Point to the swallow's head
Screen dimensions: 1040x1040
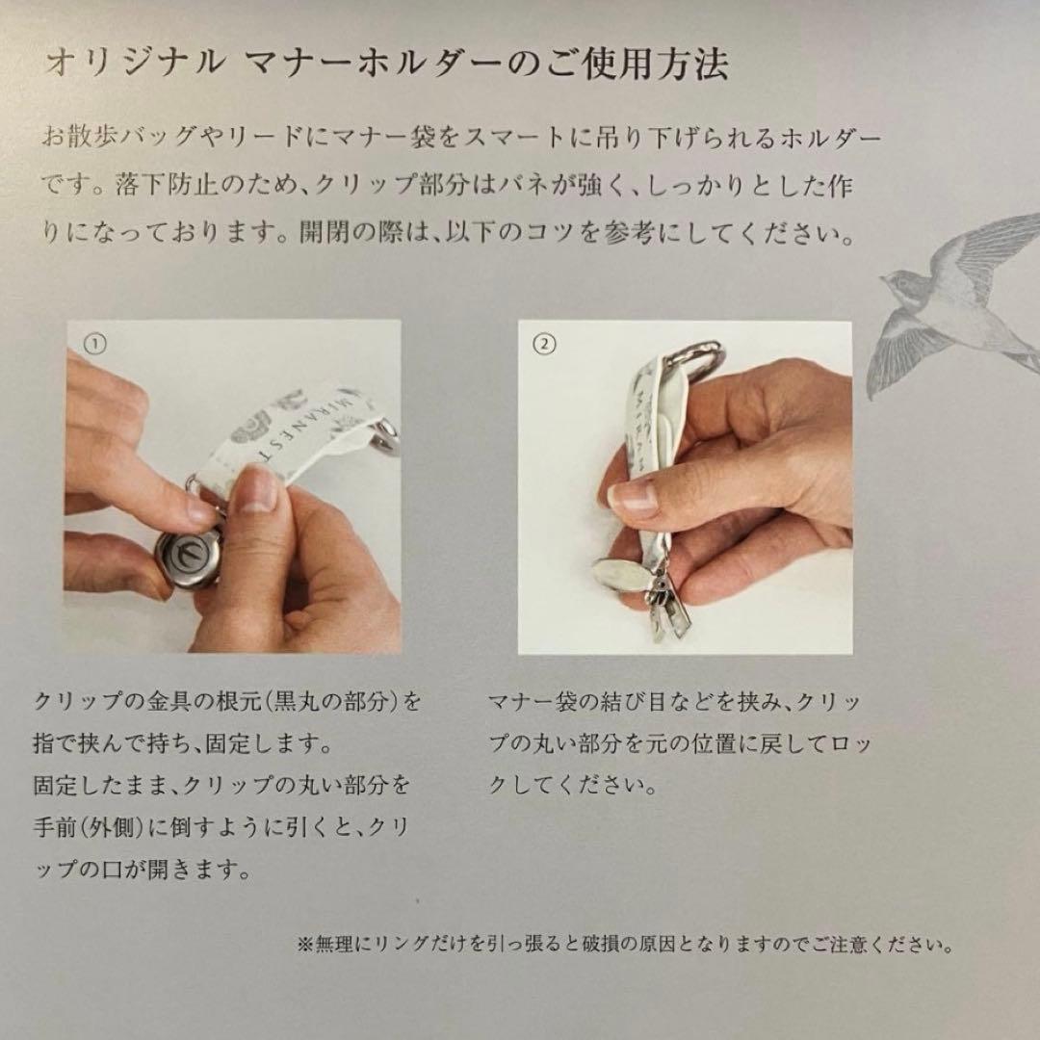point(900,285)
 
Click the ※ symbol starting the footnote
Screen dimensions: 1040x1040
point(304,943)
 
